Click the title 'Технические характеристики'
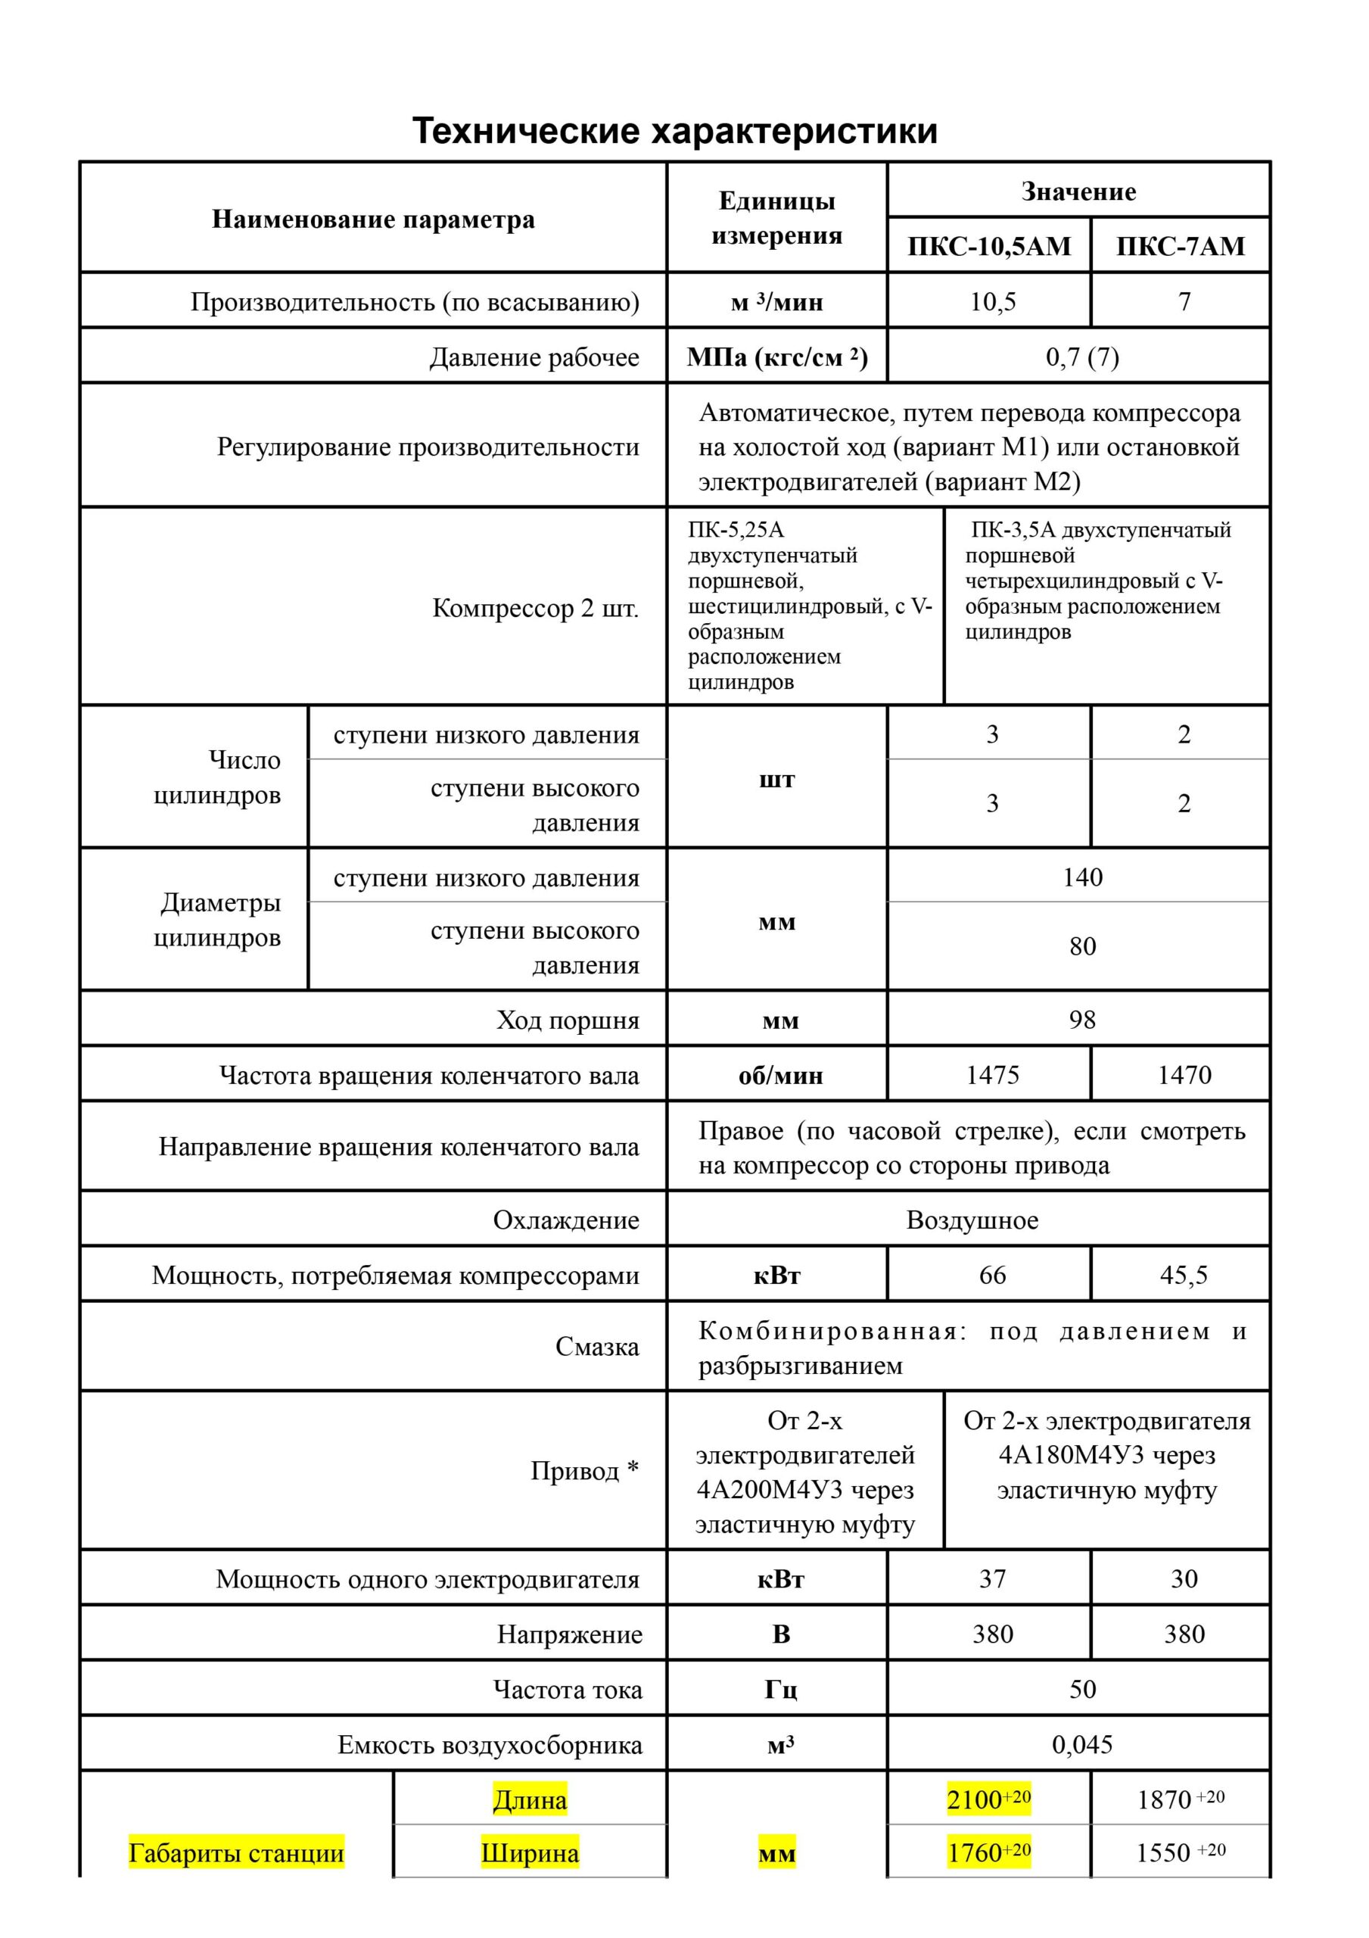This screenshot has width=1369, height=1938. (674, 132)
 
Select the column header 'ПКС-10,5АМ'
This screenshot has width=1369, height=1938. (988, 247)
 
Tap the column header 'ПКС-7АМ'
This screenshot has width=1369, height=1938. (1180, 247)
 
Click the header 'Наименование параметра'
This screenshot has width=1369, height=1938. (373, 220)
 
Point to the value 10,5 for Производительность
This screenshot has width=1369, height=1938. (993, 301)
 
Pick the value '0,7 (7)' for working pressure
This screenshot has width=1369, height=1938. (1082, 357)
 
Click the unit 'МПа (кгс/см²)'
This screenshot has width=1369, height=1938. (776, 357)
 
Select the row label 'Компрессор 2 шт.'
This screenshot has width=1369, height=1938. (535, 608)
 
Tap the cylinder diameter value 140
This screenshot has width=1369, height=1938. (1082, 877)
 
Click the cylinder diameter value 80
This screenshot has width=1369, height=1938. (1082, 946)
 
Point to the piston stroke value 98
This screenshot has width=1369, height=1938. (1082, 1020)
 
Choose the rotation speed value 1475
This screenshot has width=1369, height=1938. (993, 1074)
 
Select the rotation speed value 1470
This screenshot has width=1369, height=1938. (1184, 1074)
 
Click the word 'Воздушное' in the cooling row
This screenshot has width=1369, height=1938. (972, 1220)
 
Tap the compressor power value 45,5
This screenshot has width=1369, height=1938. (1184, 1275)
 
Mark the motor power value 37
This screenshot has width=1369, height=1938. (993, 1578)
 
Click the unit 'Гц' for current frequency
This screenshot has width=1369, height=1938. (781, 1689)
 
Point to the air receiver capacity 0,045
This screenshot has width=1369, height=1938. (1082, 1745)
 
